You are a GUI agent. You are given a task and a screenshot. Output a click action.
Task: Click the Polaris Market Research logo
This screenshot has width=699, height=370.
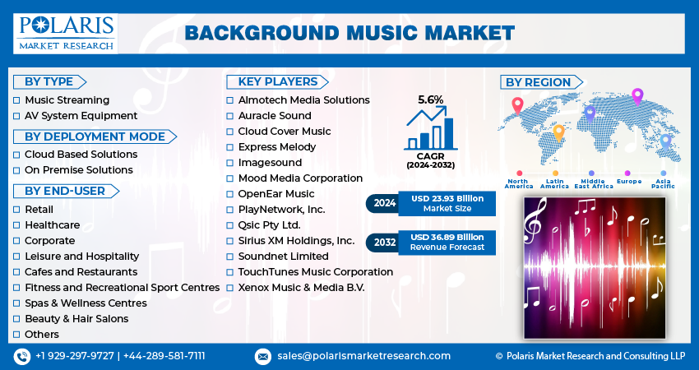point(66,34)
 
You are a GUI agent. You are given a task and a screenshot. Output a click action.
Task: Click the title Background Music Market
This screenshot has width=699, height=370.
point(349,34)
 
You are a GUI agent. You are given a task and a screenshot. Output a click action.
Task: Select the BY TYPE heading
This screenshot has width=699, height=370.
point(49,81)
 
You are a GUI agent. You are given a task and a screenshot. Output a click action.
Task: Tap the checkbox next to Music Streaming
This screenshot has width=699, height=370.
point(16,100)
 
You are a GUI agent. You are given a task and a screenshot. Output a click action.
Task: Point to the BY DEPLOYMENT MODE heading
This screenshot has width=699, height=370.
point(95,136)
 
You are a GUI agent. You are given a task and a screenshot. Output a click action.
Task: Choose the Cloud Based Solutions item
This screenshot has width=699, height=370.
point(81,155)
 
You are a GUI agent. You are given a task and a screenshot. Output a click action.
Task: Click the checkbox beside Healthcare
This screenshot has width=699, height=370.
point(16,225)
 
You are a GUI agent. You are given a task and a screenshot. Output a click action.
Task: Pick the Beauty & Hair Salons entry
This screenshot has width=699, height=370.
point(76,319)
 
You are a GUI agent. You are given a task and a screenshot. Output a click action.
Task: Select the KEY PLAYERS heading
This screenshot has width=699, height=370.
point(277,81)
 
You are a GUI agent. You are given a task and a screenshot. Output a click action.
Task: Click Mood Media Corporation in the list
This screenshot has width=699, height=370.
point(300,178)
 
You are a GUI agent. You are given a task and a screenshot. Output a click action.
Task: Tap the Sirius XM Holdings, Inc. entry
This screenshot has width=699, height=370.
point(296,241)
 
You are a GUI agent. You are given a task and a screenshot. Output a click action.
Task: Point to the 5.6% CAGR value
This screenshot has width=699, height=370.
point(430,99)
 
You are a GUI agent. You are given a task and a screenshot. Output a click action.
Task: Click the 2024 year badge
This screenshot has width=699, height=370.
point(384,203)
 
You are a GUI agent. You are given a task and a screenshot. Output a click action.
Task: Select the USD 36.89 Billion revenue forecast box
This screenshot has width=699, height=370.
point(447,242)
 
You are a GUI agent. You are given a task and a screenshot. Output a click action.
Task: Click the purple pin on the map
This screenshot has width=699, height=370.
point(637,97)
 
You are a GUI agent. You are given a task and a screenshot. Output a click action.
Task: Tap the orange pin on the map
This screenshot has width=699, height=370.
point(558,133)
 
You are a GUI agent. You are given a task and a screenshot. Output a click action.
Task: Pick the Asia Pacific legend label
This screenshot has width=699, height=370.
point(663,183)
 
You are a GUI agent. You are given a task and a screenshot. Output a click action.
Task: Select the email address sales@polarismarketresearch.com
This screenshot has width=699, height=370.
point(363,356)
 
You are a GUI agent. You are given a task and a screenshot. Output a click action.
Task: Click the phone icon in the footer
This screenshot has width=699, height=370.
point(22,356)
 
